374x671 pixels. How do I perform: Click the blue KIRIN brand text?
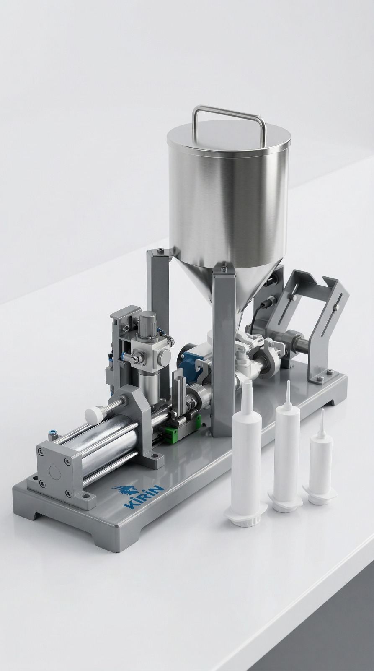point(144,497)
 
